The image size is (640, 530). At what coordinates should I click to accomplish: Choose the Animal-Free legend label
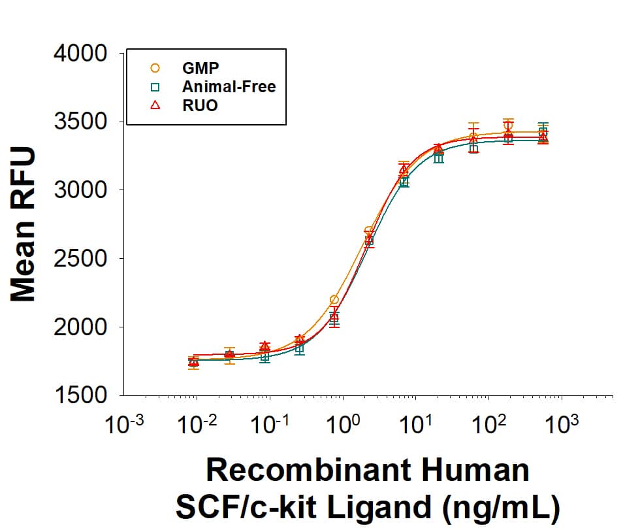(229, 86)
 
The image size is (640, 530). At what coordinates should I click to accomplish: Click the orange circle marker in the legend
(155, 67)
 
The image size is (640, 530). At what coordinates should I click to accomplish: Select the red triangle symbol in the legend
(155, 105)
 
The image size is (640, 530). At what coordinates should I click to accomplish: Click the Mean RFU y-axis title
(24, 224)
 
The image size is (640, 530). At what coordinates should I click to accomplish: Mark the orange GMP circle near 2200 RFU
(334, 299)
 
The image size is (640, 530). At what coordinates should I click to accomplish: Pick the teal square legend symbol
(155, 86)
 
